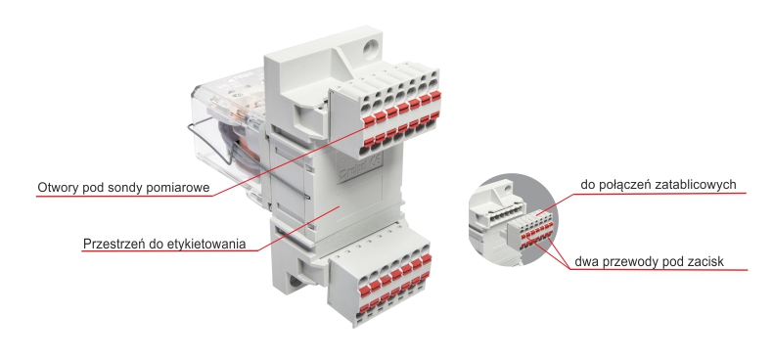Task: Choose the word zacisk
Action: coord(706,261)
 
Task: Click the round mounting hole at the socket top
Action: coord(369,49)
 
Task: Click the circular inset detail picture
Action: coord(513,219)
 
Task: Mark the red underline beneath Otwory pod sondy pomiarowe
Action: coord(125,197)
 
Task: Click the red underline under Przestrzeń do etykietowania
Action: coord(170,251)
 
